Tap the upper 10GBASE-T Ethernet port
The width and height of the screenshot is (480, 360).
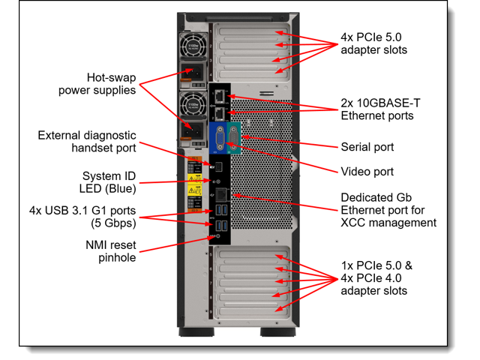(x=218, y=95)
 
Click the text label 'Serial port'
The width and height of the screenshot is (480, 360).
(x=367, y=147)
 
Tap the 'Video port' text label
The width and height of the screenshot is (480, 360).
(x=367, y=172)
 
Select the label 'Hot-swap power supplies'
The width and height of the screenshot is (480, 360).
(x=97, y=83)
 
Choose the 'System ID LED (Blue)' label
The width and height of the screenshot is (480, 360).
(x=109, y=182)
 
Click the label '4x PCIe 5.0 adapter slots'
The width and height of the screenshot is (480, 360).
(x=373, y=43)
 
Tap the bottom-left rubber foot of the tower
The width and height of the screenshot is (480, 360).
(x=190, y=331)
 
